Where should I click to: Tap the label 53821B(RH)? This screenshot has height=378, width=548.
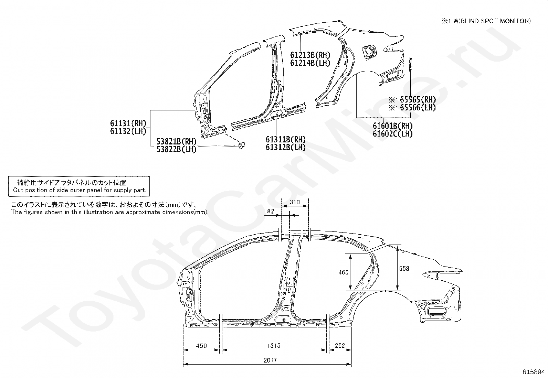coord(176,142)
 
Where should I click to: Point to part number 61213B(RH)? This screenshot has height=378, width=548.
coord(310,55)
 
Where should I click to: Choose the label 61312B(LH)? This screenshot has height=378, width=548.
coord(285,148)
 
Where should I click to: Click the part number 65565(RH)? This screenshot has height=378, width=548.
coord(418,100)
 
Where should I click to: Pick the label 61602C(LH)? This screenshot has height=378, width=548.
coord(392,134)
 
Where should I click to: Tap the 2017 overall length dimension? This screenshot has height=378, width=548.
coord(270,360)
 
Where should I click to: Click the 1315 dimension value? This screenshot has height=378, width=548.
coord(274,346)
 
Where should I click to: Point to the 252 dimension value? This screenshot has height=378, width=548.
coord(340,346)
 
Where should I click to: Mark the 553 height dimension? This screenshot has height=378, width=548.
coord(404,268)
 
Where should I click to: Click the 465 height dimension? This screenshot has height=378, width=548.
coord(343,272)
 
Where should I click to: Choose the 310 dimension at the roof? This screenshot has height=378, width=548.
coord(295,202)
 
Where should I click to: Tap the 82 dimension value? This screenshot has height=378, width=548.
coord(271,211)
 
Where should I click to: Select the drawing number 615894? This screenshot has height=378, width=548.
coord(534,372)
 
